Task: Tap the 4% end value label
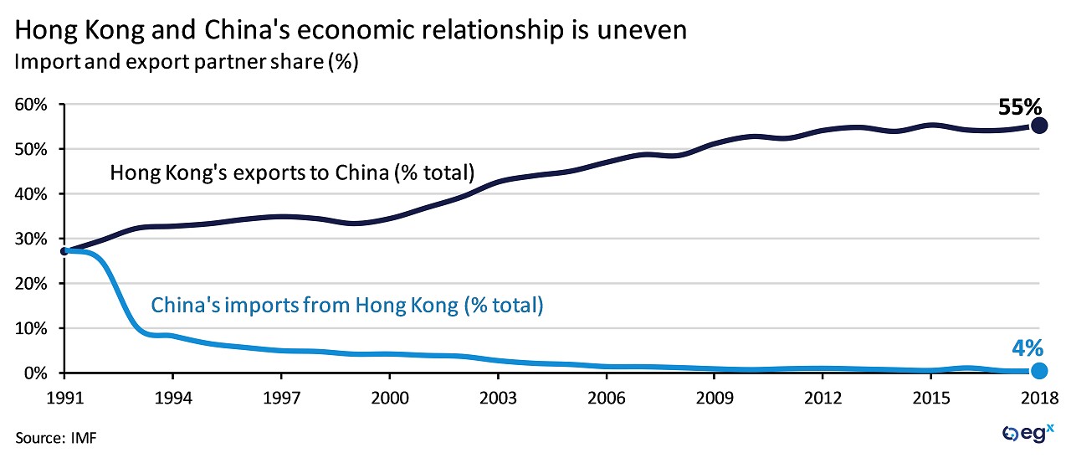(x=1027, y=347)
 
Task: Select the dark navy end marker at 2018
(x=1038, y=125)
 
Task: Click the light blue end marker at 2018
(x=1038, y=371)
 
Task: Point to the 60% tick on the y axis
(x=30, y=105)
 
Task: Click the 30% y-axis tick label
(x=30, y=239)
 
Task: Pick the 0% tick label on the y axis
(x=34, y=373)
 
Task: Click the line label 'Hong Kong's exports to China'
(x=292, y=173)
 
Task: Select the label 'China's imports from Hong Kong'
(x=347, y=306)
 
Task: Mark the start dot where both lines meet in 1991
(x=64, y=250)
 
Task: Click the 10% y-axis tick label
(x=30, y=328)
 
